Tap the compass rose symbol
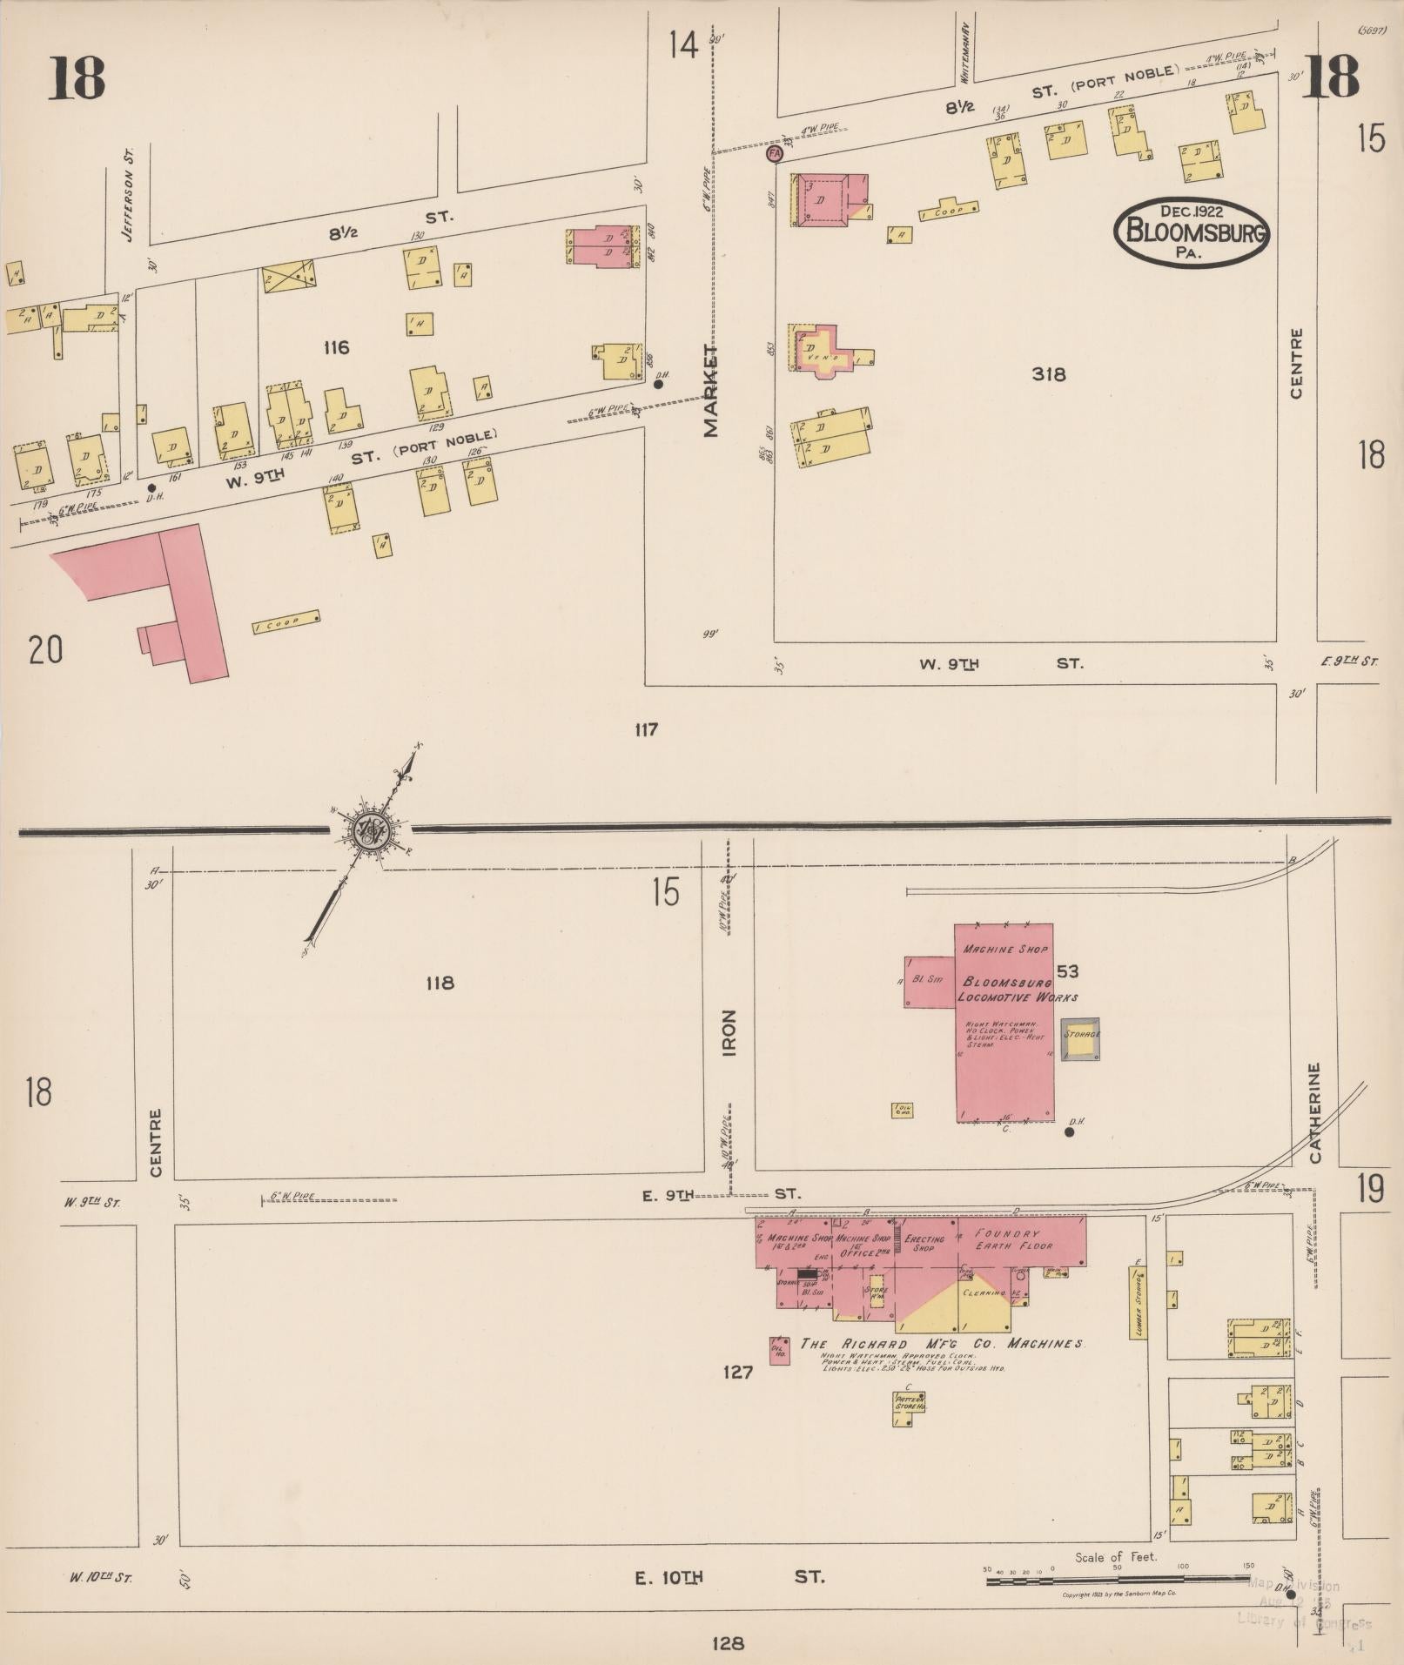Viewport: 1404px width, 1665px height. [x=372, y=831]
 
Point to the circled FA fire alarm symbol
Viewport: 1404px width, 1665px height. [x=773, y=154]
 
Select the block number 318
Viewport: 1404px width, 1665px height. [x=1048, y=374]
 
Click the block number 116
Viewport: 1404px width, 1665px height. [x=335, y=348]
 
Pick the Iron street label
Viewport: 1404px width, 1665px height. [x=729, y=1032]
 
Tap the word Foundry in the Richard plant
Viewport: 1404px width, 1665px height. [x=1007, y=1233]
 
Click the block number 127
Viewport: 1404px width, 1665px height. [x=736, y=1373]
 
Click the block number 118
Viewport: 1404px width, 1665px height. [x=440, y=984]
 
